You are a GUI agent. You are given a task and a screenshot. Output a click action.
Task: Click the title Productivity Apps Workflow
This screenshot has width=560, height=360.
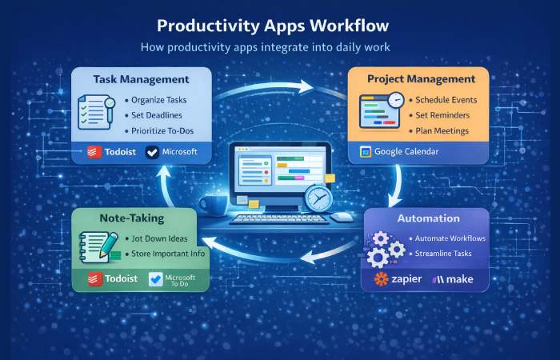(279, 25)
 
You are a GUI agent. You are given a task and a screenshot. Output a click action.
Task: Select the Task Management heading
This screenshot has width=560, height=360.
(141, 80)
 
